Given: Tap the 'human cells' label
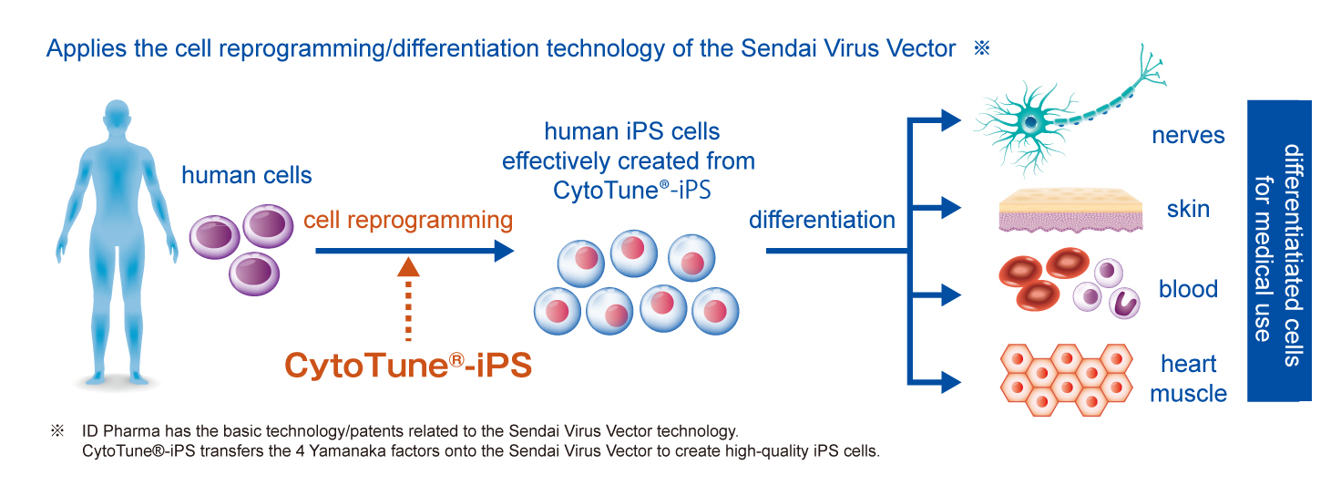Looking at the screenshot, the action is (x=247, y=176).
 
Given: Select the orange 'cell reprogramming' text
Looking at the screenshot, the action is (x=408, y=221).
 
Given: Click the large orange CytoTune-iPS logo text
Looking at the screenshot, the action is (x=408, y=365).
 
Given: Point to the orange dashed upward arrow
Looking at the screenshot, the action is (x=408, y=300).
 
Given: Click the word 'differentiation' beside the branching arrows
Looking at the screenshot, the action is (x=822, y=220).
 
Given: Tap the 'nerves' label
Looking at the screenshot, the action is (x=1188, y=136).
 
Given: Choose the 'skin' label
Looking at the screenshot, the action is (x=1188, y=209).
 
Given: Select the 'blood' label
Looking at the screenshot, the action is (x=1188, y=289).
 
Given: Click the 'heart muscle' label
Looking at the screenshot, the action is (x=1188, y=378).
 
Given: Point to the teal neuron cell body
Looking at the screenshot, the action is (x=1031, y=123).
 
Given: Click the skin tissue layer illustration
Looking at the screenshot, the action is (x=1070, y=211).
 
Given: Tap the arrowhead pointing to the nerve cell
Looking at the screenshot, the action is (x=951, y=120).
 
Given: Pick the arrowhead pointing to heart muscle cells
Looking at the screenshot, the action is (x=951, y=382).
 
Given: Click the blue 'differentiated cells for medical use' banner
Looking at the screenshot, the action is (x=1279, y=251).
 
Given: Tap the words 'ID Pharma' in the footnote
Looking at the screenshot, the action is (x=121, y=431).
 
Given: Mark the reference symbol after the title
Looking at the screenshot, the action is (x=982, y=48).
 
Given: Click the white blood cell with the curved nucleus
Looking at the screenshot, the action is (x=1123, y=303).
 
